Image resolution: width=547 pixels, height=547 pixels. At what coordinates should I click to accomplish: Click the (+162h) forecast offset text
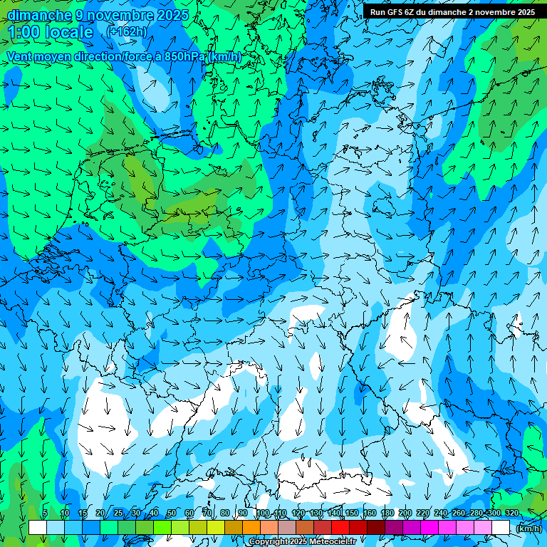(126, 31)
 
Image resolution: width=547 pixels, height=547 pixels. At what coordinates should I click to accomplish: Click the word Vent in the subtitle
(21, 57)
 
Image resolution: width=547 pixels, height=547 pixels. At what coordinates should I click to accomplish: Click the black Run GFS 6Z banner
(452, 12)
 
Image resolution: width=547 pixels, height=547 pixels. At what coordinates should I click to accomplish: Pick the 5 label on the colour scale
(45, 513)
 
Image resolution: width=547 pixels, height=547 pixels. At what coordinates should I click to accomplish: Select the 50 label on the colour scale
(172, 513)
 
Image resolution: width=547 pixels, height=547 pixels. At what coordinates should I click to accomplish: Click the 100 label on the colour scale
(263, 513)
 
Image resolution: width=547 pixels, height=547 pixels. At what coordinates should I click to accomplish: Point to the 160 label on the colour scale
(370, 513)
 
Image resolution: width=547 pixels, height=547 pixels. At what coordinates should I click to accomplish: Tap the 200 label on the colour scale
(405, 513)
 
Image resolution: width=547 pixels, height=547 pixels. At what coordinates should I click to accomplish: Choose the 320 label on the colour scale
(511, 513)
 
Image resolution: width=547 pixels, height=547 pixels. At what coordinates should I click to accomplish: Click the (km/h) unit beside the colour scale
(528, 528)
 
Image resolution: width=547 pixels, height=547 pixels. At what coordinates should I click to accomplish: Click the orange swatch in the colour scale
(251, 527)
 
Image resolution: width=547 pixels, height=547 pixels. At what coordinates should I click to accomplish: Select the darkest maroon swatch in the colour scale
(375, 527)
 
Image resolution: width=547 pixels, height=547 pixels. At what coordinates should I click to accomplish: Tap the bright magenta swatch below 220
(429, 527)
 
